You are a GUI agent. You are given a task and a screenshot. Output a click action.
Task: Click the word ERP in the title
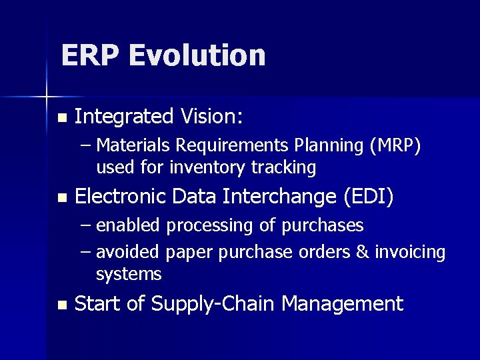(90, 55)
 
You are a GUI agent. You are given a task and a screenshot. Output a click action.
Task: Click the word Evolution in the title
(197, 55)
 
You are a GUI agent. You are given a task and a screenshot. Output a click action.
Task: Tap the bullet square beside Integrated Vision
(62, 118)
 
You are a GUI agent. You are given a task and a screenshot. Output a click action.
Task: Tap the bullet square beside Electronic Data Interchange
(62, 198)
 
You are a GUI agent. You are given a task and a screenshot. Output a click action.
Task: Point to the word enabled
(128, 226)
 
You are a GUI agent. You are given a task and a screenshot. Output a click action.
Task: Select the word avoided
(128, 253)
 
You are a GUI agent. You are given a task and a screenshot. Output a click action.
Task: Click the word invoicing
(409, 253)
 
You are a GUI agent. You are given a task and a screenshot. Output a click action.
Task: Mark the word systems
(129, 274)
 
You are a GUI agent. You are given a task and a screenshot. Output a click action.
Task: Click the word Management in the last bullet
(342, 305)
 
